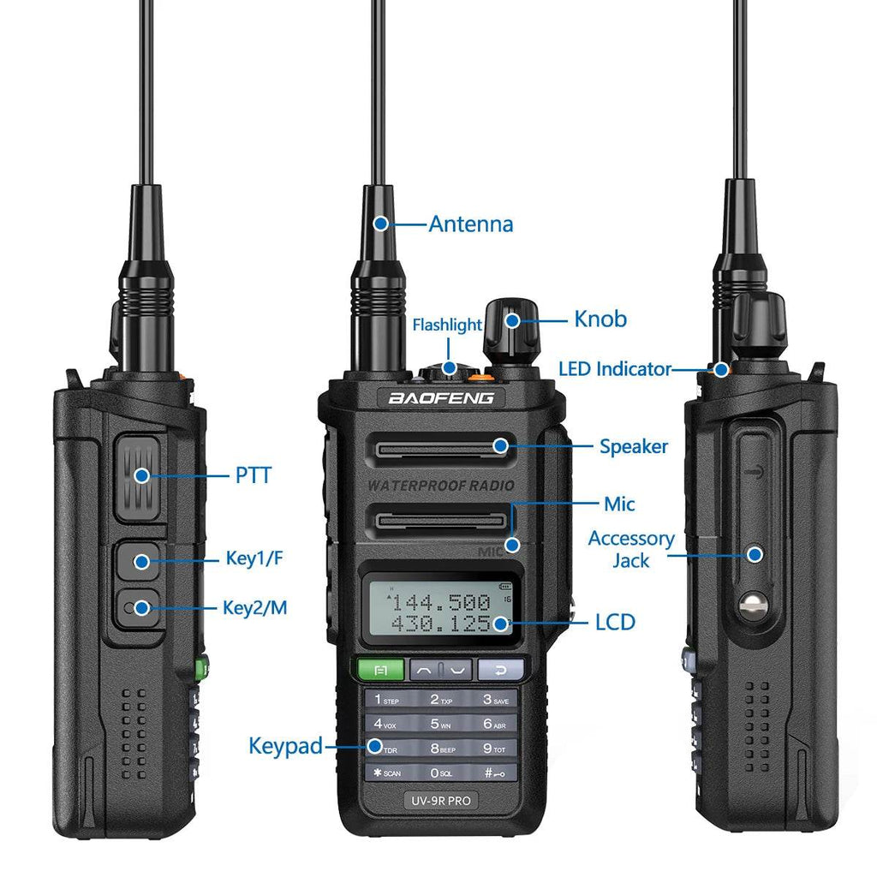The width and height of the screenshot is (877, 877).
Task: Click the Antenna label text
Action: tap(470, 224)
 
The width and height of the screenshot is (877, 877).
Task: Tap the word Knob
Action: tap(600, 319)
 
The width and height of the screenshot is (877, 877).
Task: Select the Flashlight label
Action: tap(447, 325)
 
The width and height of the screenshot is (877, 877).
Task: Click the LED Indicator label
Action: tap(614, 369)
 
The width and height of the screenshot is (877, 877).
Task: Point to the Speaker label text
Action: tap(633, 446)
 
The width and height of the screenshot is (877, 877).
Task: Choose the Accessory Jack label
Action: tap(631, 549)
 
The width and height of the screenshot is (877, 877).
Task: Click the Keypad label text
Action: tap(285, 746)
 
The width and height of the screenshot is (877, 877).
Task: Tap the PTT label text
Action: tap(253, 474)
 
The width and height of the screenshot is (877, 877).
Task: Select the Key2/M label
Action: tap(254, 608)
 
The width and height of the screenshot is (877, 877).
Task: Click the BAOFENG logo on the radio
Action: tap(440, 398)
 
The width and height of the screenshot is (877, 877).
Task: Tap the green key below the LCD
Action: tap(381, 669)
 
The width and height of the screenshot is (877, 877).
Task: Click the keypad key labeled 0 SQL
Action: tap(441, 773)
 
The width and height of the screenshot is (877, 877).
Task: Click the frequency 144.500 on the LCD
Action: tap(440, 602)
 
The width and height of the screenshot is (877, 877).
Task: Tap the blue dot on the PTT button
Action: tap(141, 474)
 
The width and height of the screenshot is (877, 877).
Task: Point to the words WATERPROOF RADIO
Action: tap(441, 486)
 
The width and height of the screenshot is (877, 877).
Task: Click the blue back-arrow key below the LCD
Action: tap(500, 669)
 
